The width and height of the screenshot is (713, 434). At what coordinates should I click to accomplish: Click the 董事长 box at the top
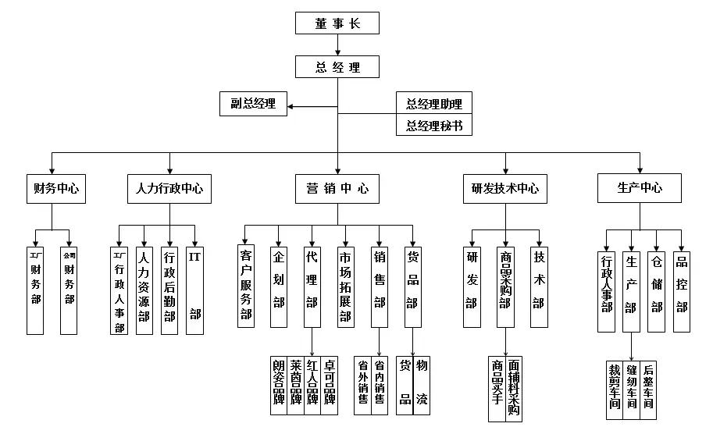(x=337, y=23)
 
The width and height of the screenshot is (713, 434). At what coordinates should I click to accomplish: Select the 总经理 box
(x=337, y=67)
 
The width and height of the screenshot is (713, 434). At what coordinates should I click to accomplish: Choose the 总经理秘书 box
(x=434, y=125)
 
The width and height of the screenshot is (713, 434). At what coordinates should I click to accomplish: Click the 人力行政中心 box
(x=169, y=188)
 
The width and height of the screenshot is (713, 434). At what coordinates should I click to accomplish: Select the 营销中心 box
(x=337, y=188)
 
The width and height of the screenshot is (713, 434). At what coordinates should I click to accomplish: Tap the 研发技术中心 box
(x=505, y=188)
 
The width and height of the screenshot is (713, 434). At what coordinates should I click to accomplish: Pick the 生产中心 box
(x=640, y=188)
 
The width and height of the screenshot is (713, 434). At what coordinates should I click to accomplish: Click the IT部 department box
(x=194, y=289)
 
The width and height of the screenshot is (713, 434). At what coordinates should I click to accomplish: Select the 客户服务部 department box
(x=246, y=284)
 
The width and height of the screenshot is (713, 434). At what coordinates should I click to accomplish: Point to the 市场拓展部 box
(x=345, y=284)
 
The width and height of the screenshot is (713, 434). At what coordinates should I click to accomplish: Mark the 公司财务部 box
(x=69, y=289)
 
